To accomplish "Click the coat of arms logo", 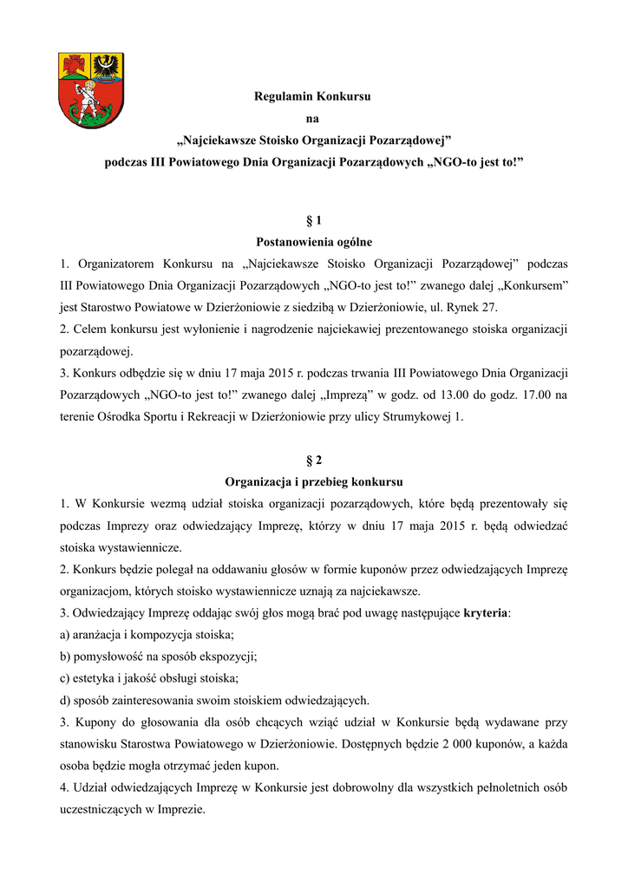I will click(x=88, y=90).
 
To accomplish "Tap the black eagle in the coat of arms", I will click(x=108, y=66).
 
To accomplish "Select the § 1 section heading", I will click(x=314, y=221).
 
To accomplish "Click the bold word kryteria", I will click(x=487, y=614).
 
